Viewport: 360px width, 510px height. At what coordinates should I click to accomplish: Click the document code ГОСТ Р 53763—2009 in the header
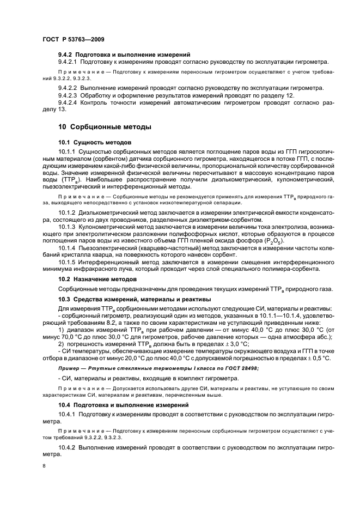(x=74, y=39)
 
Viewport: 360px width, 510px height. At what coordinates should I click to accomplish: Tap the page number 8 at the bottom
(x=45, y=466)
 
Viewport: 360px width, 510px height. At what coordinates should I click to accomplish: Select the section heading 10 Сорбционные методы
(x=97, y=126)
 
